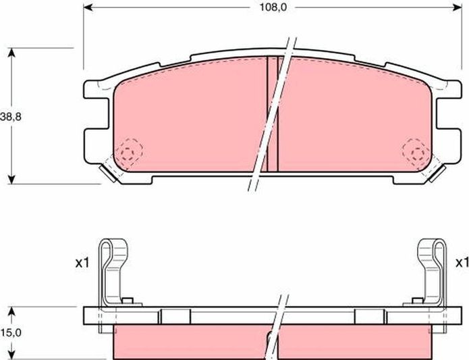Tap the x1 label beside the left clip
(x=82, y=263)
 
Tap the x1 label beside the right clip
(x=462, y=262)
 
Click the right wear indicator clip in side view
(x=432, y=270)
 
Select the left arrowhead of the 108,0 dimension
(x=88, y=9)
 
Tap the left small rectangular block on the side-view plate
(x=171, y=315)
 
